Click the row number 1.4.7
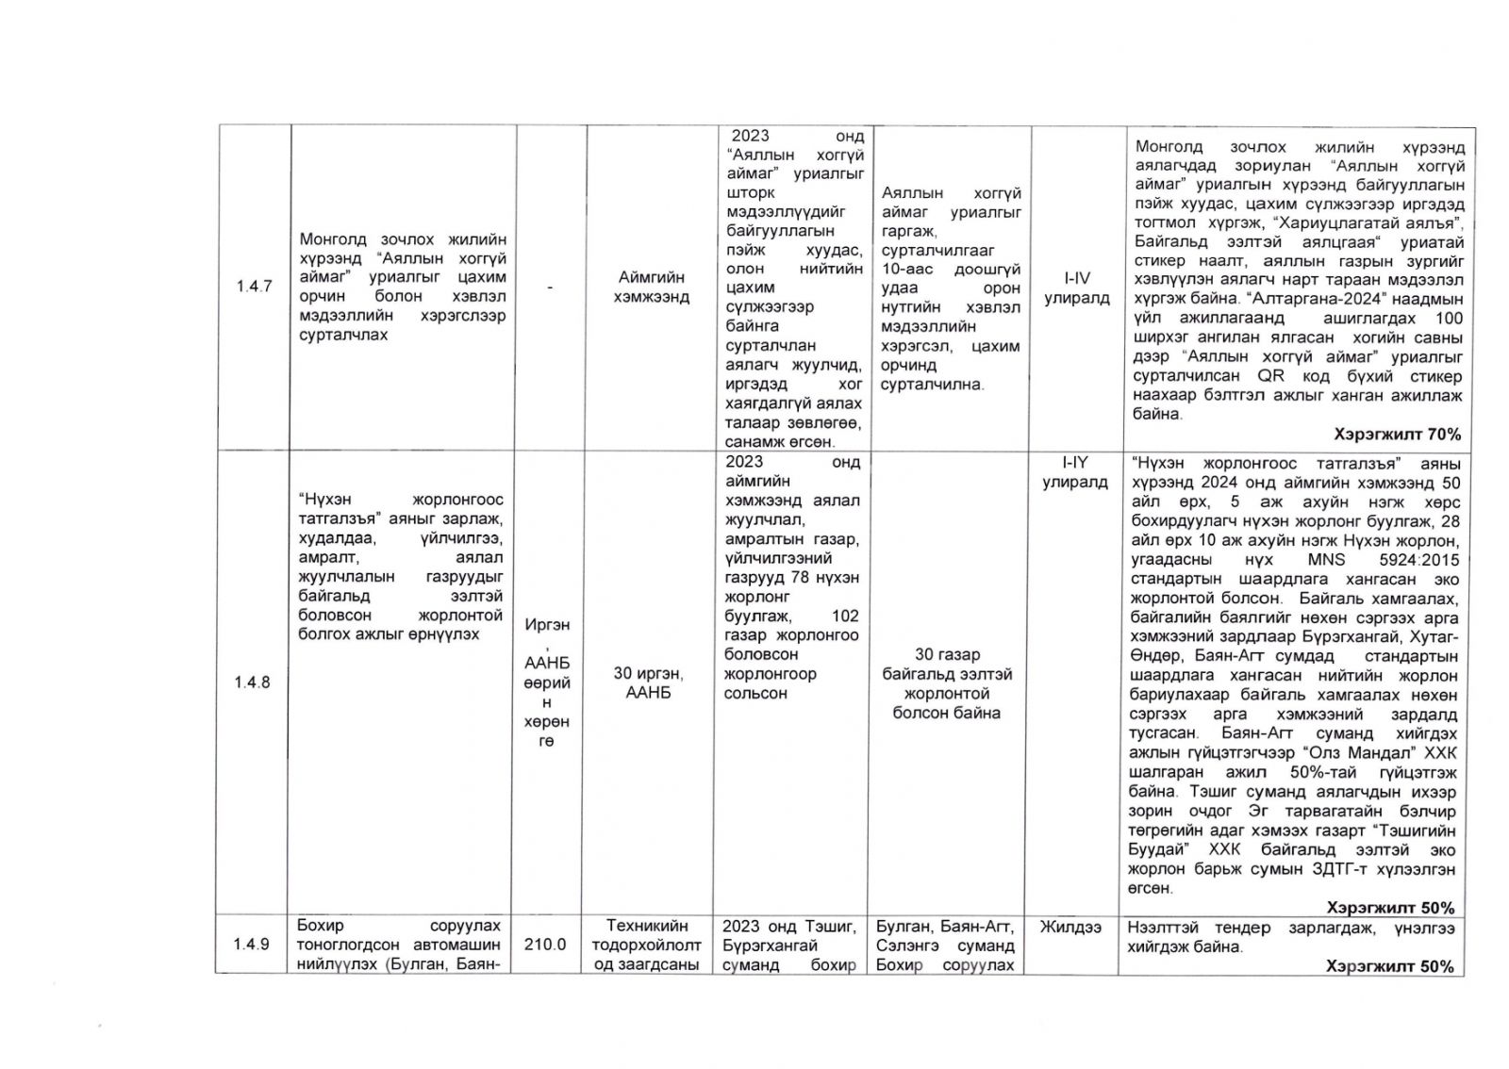click(x=253, y=287)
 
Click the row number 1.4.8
click(x=253, y=683)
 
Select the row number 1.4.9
click(x=253, y=945)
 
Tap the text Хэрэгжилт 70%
click(x=1397, y=435)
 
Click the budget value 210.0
click(x=546, y=945)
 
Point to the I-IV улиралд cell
click(x=1076, y=288)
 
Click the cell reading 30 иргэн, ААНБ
click(x=650, y=683)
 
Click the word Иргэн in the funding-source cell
click(x=547, y=625)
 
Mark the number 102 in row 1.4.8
click(x=845, y=616)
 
